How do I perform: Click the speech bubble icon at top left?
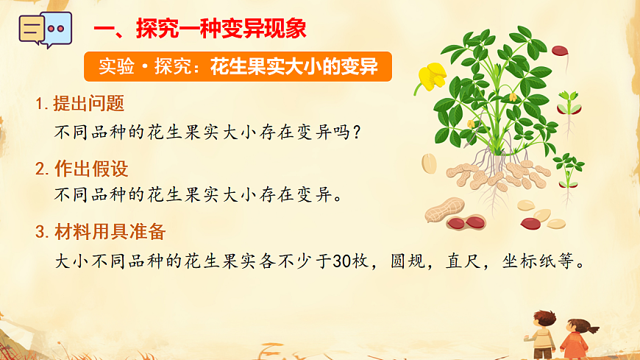[x=45, y=29]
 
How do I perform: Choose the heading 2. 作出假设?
[x=82, y=169]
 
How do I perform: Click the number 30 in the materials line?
[x=342, y=262]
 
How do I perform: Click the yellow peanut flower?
[x=431, y=77]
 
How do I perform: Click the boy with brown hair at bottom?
[x=543, y=332]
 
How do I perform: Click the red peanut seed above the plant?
[x=561, y=52]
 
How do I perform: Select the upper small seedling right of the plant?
[x=568, y=104]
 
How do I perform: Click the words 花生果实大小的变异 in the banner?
[x=294, y=67]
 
